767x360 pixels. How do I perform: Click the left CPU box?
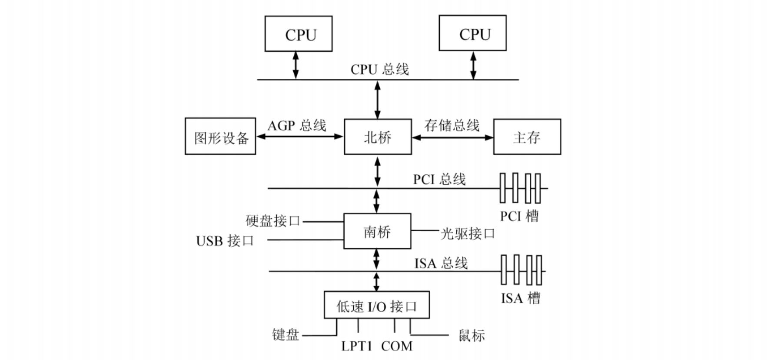point(299,34)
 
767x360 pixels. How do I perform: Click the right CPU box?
point(472,33)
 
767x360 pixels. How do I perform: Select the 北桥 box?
point(378,137)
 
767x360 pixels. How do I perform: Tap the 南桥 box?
point(377,231)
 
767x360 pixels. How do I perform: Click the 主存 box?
point(527,137)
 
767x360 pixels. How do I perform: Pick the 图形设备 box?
point(220,137)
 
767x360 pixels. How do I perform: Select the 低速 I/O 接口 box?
point(377,305)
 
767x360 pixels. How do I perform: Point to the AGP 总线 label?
point(296,126)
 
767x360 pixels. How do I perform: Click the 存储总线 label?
point(452,125)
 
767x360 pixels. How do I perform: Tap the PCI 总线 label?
point(439,179)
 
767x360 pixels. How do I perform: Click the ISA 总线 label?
point(441,263)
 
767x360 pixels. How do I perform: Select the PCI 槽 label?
point(519,216)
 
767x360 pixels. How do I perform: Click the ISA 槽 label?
point(520,298)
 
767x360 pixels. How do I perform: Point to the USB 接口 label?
point(225,240)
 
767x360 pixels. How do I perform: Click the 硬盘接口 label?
point(273,221)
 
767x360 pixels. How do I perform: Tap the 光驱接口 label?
point(468,234)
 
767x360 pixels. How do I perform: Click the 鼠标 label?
point(471,335)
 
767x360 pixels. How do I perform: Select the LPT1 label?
point(356,346)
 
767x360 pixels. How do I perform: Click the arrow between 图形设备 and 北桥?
point(300,137)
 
